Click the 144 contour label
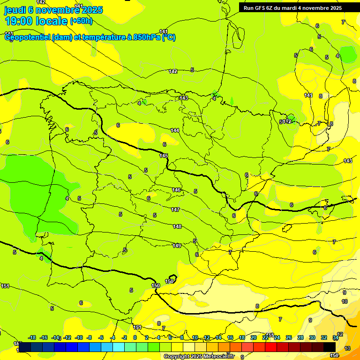click(x=175, y=130)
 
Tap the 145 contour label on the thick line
click(x=164, y=156)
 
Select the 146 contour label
click(x=176, y=190)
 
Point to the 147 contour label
click(x=175, y=210)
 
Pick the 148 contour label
click(x=177, y=226)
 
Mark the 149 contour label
click(x=177, y=246)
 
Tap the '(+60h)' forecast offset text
click(x=81, y=21)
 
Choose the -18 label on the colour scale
click(x=32, y=337)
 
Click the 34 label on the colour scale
click(x=336, y=337)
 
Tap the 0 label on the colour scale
click(x=135, y=337)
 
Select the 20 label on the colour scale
click(x=254, y=337)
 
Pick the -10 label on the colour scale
click(x=79, y=337)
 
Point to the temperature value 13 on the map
click(x=347, y=348)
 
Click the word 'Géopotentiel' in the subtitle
click(x=27, y=37)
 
